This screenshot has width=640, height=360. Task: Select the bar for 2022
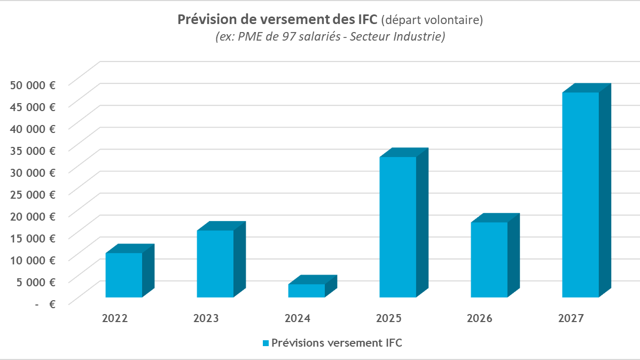[124, 275]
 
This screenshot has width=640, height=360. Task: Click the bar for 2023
[215, 263]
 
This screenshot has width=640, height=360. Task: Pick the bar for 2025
[398, 226]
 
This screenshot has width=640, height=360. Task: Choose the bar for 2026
[489, 259]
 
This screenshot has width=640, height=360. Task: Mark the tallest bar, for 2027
[581, 194]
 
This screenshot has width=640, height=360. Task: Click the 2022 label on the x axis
[115, 319]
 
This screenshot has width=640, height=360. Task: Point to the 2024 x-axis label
[298, 319]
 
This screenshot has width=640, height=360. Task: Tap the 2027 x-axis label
[571, 319]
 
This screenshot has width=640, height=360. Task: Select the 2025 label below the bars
[389, 319]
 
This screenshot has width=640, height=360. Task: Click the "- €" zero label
[46, 304]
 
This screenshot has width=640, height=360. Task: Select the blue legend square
[266, 343]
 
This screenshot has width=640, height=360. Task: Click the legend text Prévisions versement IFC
[337, 343]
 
